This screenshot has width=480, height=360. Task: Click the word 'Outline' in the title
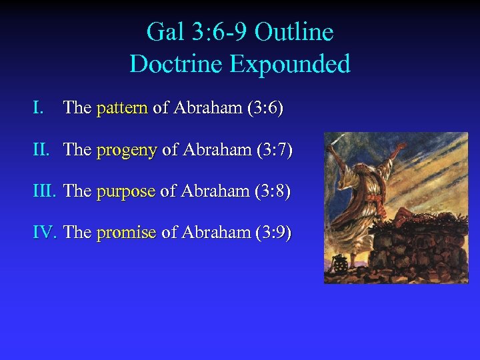point(294,31)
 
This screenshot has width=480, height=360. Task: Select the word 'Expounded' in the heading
point(290,64)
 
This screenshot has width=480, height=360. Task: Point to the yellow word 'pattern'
point(121,108)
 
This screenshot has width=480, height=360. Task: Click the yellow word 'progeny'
point(126,150)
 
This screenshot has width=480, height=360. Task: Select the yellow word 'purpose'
point(125,191)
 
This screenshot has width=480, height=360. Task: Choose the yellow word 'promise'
point(126,233)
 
